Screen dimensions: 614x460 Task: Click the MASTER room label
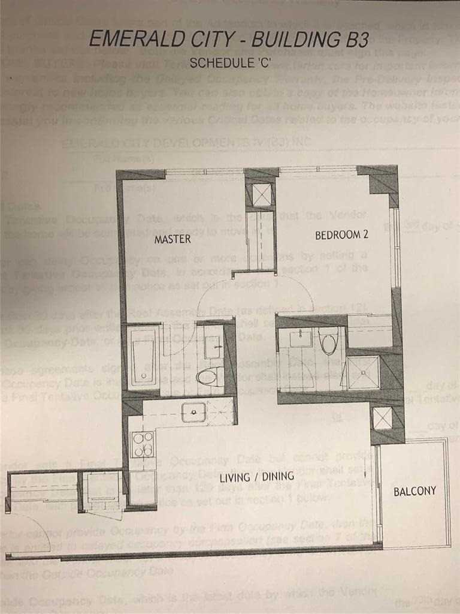(172, 239)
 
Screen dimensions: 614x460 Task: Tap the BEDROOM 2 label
(341, 236)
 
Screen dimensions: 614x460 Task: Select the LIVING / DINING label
(256, 477)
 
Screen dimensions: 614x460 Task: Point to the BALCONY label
(414, 491)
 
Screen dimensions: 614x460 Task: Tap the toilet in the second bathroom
(328, 343)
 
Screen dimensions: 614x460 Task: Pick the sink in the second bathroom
(299, 339)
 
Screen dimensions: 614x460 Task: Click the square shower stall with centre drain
(364, 372)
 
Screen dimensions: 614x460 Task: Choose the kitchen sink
(194, 411)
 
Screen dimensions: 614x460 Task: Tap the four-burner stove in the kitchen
(143, 444)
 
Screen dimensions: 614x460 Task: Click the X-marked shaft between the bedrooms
(262, 195)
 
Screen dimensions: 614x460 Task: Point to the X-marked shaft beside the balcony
(383, 418)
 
